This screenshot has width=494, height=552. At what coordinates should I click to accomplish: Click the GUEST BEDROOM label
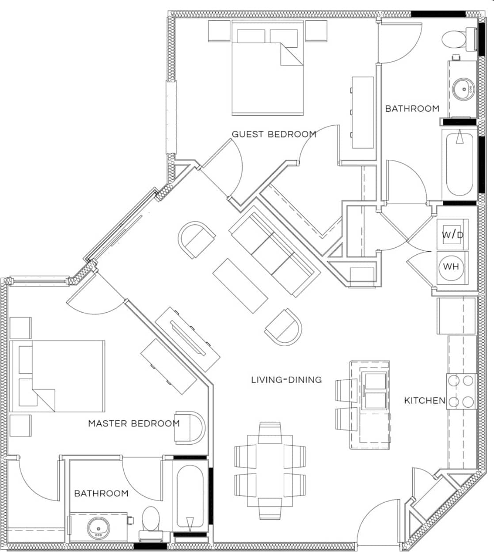(274, 134)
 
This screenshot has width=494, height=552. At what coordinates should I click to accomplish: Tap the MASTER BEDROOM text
(134, 423)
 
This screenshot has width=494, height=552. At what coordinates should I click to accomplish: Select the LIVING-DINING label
(286, 379)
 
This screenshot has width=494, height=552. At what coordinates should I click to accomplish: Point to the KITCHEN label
(425, 401)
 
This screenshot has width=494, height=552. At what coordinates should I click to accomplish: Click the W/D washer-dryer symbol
(452, 234)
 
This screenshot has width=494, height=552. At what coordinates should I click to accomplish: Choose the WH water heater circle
(451, 267)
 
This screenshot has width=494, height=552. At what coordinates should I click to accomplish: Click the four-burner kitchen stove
(461, 391)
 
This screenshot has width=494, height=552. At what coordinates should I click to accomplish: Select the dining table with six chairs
(270, 471)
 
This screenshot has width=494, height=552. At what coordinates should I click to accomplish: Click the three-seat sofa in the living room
(274, 254)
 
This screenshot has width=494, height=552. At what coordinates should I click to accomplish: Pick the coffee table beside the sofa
(240, 285)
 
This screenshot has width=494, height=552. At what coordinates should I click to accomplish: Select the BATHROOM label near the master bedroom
(101, 493)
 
